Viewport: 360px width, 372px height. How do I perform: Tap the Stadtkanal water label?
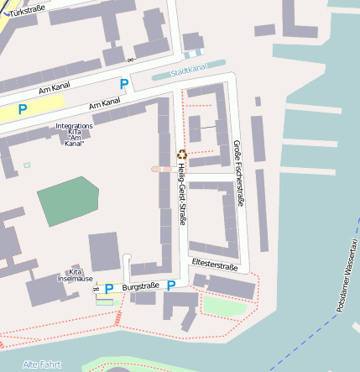tap(187, 71)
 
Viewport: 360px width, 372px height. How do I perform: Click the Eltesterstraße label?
tap(215, 265)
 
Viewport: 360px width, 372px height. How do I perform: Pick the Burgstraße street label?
tap(141, 287)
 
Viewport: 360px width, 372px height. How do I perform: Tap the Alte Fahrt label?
tap(41, 364)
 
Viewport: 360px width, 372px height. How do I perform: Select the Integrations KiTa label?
tap(74, 134)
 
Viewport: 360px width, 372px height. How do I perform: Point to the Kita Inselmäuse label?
tap(76, 275)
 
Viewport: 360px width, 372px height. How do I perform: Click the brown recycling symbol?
tap(181, 154)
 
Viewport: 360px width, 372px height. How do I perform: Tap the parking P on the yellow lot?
tap(23, 108)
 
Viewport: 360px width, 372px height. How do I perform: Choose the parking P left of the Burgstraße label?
tap(108, 289)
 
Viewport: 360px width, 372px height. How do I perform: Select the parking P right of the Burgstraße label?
tap(171, 286)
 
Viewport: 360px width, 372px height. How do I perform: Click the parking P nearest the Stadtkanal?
tap(124, 84)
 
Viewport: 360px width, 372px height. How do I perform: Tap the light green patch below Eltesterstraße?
tap(222, 305)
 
